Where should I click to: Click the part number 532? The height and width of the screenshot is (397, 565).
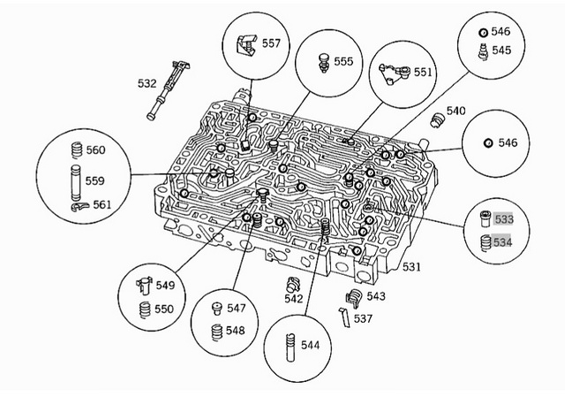pyautogui.click(x=147, y=84)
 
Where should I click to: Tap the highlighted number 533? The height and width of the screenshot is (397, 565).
pyautogui.click(x=504, y=218)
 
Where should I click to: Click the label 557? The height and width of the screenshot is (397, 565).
pyautogui.click(x=271, y=43)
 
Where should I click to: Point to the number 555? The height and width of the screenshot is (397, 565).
pyautogui.click(x=343, y=62)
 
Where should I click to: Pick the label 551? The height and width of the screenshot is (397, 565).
pyautogui.click(x=424, y=73)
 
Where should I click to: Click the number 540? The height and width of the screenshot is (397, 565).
pyautogui.click(x=456, y=111)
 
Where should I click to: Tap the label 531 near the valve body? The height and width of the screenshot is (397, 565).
pyautogui.click(x=411, y=266)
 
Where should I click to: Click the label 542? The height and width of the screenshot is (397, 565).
pyautogui.click(x=294, y=299)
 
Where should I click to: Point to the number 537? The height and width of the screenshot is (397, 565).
pyautogui.click(x=363, y=318)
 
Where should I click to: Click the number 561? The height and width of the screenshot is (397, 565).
pyautogui.click(x=102, y=205)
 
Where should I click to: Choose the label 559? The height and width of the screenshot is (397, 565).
pyautogui.click(x=94, y=180)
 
